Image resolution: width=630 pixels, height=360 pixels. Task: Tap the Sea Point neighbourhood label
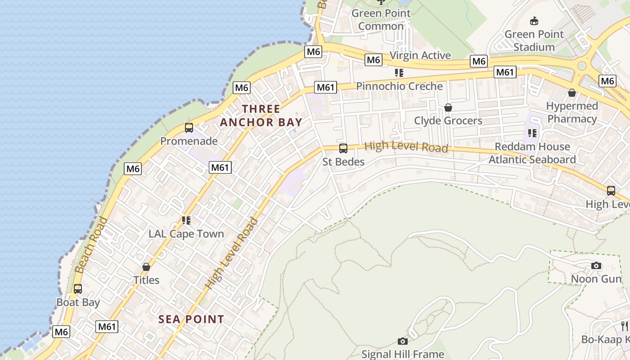click(191, 319)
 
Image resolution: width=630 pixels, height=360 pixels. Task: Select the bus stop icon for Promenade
click(189, 128)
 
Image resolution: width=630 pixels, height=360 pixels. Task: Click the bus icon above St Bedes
click(343, 148)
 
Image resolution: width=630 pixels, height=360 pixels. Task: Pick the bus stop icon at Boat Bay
click(78, 289)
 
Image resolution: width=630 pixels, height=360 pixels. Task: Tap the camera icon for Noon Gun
click(596, 266)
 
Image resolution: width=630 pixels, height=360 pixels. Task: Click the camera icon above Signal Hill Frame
click(403, 342)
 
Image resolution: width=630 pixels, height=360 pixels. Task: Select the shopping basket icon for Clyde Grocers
click(448, 108)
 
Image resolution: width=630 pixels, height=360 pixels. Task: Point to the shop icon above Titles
click(146, 267)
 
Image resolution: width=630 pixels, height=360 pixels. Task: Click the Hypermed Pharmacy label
click(572, 112)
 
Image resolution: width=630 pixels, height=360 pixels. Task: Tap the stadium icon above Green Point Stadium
click(534, 21)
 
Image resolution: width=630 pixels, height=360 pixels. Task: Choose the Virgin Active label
click(420, 55)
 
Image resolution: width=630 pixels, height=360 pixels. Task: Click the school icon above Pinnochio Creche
click(399, 73)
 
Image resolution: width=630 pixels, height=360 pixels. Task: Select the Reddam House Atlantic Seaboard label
click(532, 153)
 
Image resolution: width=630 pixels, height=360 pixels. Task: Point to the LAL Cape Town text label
click(186, 234)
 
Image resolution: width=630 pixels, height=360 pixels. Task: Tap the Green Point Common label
click(381, 19)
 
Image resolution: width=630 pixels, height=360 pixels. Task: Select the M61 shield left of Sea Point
click(107, 327)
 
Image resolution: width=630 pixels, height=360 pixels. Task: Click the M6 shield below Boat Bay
click(61, 332)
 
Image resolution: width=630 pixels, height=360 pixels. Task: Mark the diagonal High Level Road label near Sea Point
click(232, 253)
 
